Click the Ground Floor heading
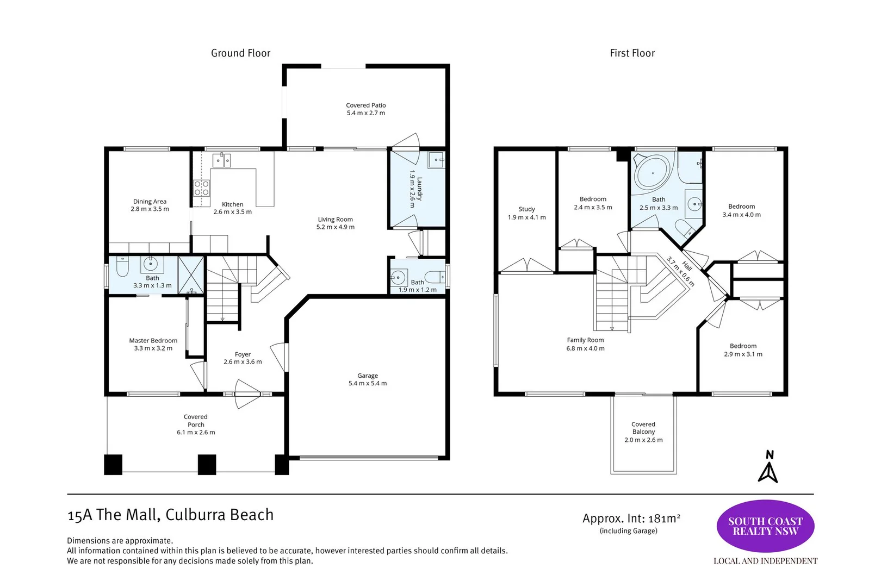(x=241, y=53)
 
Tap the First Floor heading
(x=632, y=53)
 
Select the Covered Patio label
(x=366, y=105)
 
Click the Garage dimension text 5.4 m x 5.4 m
(x=368, y=383)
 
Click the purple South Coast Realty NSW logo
(x=765, y=526)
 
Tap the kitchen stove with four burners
(x=201, y=188)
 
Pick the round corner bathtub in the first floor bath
(x=653, y=173)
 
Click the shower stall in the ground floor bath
(x=191, y=275)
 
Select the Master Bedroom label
(x=153, y=340)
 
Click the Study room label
(x=526, y=209)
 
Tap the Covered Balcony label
(x=643, y=428)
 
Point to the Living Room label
(x=335, y=220)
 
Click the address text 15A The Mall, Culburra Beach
(x=170, y=515)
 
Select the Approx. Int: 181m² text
(x=631, y=519)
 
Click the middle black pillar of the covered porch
(x=207, y=465)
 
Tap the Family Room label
(x=585, y=340)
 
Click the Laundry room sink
(x=437, y=160)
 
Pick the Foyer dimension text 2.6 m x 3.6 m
(x=243, y=362)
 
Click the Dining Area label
(x=150, y=202)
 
